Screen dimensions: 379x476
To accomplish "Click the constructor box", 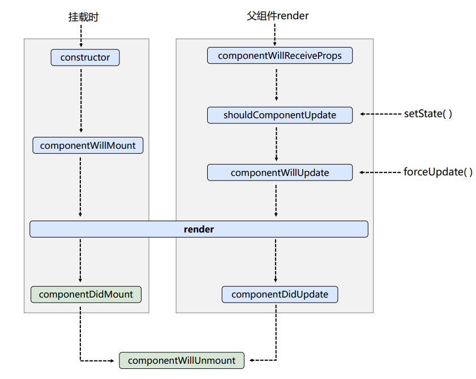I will [85, 58].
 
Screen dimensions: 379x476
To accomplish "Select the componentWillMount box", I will [88, 145].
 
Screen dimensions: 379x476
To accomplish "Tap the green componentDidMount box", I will [85, 294].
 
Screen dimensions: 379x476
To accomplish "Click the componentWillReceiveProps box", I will [280, 55].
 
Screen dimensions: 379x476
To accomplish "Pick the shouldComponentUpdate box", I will [280, 115].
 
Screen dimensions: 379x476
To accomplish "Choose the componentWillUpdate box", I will [280, 173].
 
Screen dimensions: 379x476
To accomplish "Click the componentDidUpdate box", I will [280, 294].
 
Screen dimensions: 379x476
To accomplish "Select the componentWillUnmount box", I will [181, 360].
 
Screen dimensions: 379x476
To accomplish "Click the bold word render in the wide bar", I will [199, 229].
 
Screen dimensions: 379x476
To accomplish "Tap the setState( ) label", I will [428, 114].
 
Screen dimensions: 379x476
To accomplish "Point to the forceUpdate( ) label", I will [438, 172].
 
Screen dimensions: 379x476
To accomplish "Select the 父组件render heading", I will [278, 16].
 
